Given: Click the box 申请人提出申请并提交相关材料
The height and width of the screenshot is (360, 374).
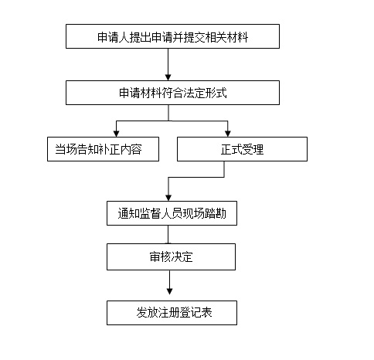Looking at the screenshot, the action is (172, 36).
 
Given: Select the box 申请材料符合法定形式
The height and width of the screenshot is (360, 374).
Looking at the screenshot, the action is (172, 93).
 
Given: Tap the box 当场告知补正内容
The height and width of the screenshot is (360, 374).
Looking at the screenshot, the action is (103, 149).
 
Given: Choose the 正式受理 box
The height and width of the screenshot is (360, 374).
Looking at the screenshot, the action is (242, 149).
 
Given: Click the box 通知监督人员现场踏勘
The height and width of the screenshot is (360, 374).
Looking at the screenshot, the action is (172, 213).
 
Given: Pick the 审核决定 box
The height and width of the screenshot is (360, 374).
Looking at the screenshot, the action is (171, 256).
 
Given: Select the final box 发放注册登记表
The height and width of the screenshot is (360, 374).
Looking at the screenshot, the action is (172, 313).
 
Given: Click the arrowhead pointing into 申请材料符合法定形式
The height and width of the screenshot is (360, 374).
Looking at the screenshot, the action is (168, 77).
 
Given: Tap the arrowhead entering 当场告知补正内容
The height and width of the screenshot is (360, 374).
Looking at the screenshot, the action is (116, 134).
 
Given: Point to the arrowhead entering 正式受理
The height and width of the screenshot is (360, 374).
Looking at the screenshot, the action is (228, 134).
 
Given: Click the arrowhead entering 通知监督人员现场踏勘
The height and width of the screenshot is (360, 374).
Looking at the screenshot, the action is (168, 198).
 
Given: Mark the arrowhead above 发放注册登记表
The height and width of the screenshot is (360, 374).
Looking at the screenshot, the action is (169, 291).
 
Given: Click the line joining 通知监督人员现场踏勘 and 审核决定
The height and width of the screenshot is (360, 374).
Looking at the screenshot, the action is (168, 235).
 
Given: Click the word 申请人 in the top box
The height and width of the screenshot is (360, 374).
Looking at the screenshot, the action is (114, 37).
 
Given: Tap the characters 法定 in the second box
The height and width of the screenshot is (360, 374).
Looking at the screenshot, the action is (195, 93).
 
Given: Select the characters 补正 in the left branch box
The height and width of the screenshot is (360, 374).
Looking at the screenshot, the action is (110, 149).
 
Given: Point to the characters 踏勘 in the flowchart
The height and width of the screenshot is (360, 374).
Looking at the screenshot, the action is (216, 213).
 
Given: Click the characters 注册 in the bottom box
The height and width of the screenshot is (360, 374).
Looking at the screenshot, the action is (168, 313).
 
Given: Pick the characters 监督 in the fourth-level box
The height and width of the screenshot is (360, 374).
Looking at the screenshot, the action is (151, 213).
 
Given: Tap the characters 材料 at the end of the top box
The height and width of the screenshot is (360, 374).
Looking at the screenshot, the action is (237, 37).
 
